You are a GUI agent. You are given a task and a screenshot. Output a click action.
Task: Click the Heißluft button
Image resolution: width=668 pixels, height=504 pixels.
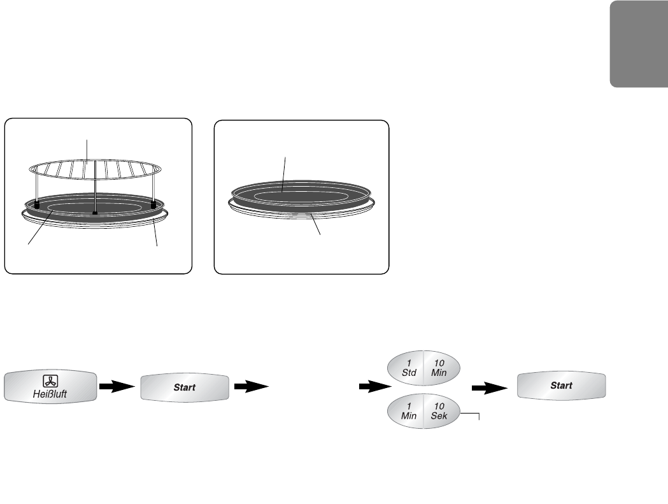coord(51,386)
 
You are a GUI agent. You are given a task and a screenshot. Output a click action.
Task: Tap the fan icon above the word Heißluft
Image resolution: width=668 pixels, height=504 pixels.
coord(51,380)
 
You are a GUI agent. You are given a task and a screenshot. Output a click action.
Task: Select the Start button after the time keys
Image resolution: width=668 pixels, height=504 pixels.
coord(561,385)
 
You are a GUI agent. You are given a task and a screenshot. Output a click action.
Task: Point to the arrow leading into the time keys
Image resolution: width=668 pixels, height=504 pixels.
coord(372,386)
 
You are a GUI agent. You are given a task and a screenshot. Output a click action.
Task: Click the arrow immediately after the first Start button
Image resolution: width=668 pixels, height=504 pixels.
coord(250,386)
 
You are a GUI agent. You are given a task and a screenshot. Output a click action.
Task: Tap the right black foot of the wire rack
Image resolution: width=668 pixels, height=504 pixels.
coord(153,205)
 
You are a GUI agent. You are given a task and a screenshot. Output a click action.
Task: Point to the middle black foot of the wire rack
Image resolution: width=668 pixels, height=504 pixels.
coord(94,212)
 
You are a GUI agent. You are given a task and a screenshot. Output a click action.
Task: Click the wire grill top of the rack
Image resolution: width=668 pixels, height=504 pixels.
coord(96,169)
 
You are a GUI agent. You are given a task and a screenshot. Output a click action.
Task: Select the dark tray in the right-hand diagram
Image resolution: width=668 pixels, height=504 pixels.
coord(299,194)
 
